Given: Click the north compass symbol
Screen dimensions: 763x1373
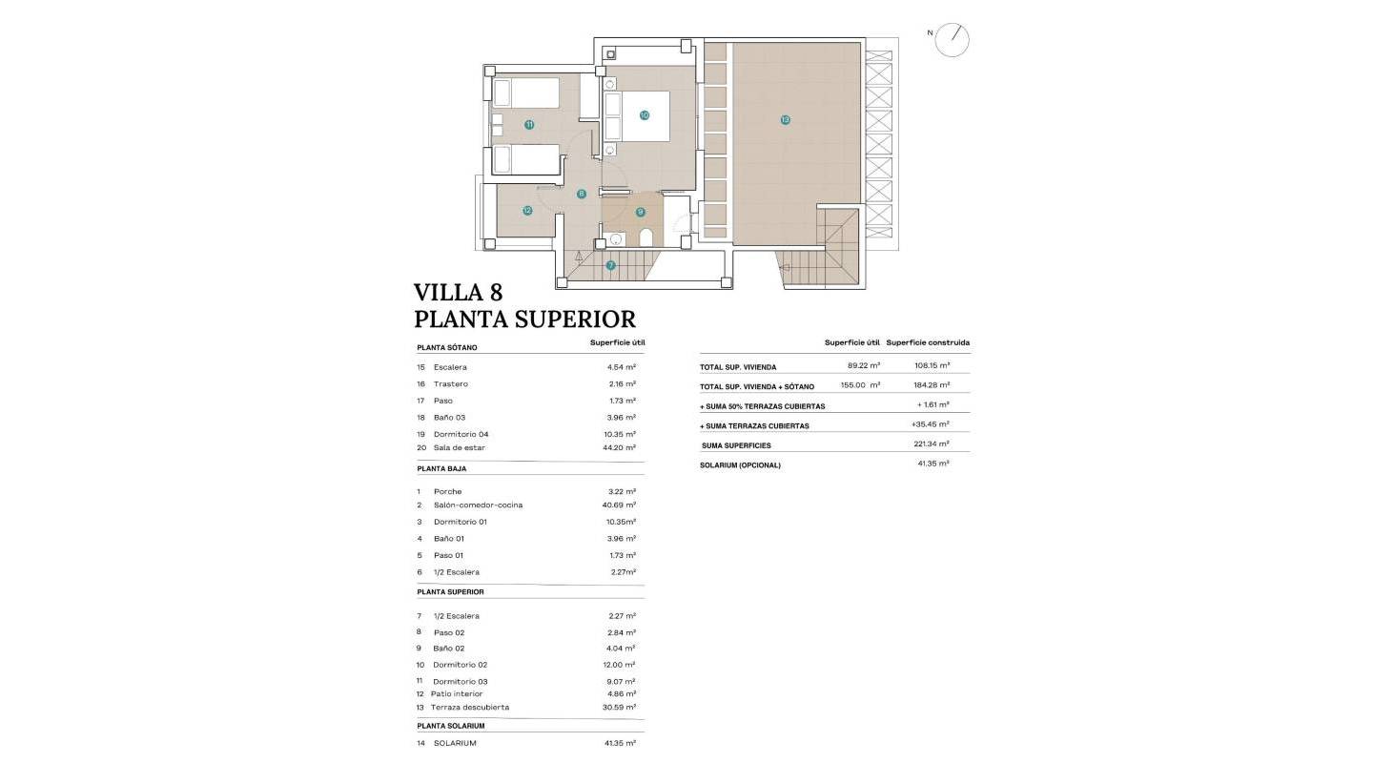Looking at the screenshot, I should pos(952,39).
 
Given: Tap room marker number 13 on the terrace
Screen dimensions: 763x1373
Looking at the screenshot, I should pos(785,120).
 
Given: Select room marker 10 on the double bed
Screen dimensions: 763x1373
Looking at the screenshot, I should pos(645,114).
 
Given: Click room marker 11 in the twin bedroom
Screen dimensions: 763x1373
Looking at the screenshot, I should pos(529,125).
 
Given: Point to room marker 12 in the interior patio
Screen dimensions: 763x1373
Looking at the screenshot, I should pos(527,211).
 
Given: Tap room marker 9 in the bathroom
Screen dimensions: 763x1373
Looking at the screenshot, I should pos(641,212).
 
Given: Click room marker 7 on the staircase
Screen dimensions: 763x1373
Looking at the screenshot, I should pos(610,265).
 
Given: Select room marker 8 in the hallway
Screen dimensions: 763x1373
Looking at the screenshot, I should pos(582,194).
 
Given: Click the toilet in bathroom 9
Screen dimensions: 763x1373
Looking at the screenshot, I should pos(646,237).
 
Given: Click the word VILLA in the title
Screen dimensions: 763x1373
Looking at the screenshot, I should pos(448,292).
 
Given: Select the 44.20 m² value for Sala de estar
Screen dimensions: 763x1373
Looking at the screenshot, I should pos(622,447).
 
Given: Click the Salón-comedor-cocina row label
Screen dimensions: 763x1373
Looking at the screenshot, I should pos(478,505).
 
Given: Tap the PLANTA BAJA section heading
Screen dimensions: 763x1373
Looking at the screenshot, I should pos(441,469).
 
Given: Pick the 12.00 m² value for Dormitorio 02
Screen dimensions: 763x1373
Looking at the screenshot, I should pos(622,665).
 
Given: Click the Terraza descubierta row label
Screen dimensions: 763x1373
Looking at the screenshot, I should pos(470,708).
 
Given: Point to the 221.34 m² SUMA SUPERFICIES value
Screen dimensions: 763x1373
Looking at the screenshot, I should pos(931,444).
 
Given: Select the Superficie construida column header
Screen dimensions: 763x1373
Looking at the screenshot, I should pos(928,342).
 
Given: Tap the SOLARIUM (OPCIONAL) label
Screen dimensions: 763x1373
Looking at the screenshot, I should pos(740,465).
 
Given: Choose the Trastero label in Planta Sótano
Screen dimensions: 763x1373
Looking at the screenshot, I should pos(450,384).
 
